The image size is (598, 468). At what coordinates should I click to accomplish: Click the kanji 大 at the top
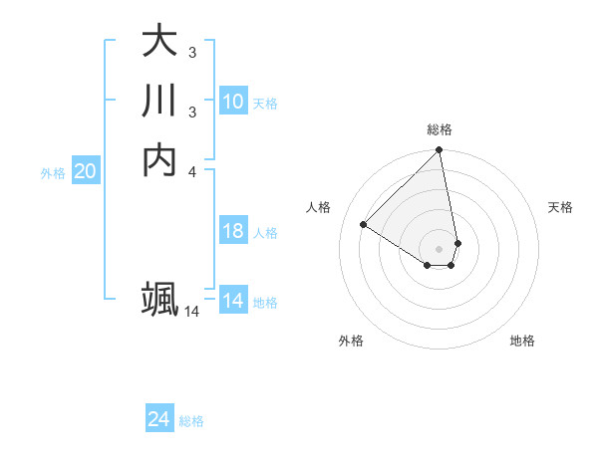(x=160, y=43)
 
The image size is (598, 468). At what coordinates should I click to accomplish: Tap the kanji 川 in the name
(x=160, y=103)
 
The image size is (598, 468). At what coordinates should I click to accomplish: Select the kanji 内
(x=160, y=160)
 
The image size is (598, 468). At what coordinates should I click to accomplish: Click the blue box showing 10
(x=233, y=101)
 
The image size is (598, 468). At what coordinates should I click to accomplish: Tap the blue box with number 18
(x=233, y=231)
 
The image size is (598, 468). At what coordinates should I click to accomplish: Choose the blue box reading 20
(x=86, y=171)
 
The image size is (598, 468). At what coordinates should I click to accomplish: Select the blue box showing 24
(x=159, y=419)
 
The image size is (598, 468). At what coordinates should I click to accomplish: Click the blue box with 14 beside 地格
(x=233, y=301)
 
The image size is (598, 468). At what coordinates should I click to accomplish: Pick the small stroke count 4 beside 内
(x=191, y=170)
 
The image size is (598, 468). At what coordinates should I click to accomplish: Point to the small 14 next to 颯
(x=191, y=312)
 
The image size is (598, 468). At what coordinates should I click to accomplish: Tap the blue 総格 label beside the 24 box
(x=191, y=421)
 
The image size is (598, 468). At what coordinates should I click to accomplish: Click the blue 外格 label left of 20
(x=53, y=173)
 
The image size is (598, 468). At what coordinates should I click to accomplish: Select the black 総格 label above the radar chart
(x=440, y=129)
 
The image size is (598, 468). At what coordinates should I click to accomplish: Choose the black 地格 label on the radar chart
(x=522, y=341)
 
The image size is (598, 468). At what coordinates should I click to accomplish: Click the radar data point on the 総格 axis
(x=440, y=150)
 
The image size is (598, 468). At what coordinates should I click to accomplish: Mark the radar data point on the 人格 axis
(x=364, y=225)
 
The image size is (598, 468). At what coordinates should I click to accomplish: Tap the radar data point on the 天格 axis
(x=457, y=243)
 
